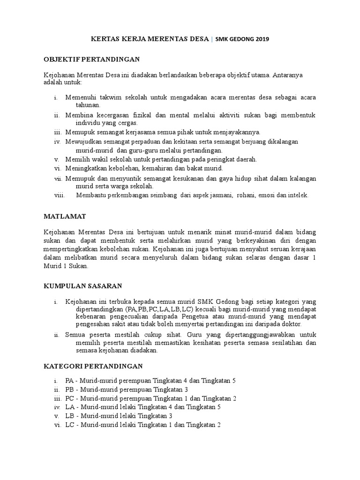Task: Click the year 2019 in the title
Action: point(262,39)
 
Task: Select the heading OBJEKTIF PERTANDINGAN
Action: point(92,59)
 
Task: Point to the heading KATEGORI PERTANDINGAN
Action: point(93,365)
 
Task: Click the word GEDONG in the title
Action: point(240,39)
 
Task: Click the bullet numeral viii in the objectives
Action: point(60,195)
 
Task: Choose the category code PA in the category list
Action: point(69,380)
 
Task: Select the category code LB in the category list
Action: point(69,416)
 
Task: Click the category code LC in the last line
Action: point(69,425)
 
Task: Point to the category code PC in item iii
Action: point(69,398)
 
